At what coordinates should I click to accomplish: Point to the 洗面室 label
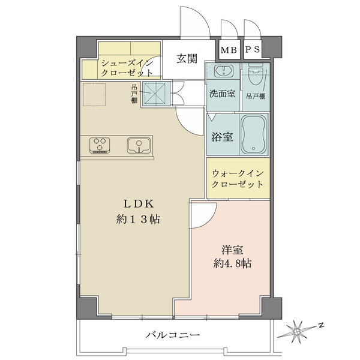[x=222, y=94]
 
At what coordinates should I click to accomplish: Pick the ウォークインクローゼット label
[x=237, y=178]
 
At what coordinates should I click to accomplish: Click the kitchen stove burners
[x=101, y=145]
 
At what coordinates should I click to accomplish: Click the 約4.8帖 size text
[x=232, y=263]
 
